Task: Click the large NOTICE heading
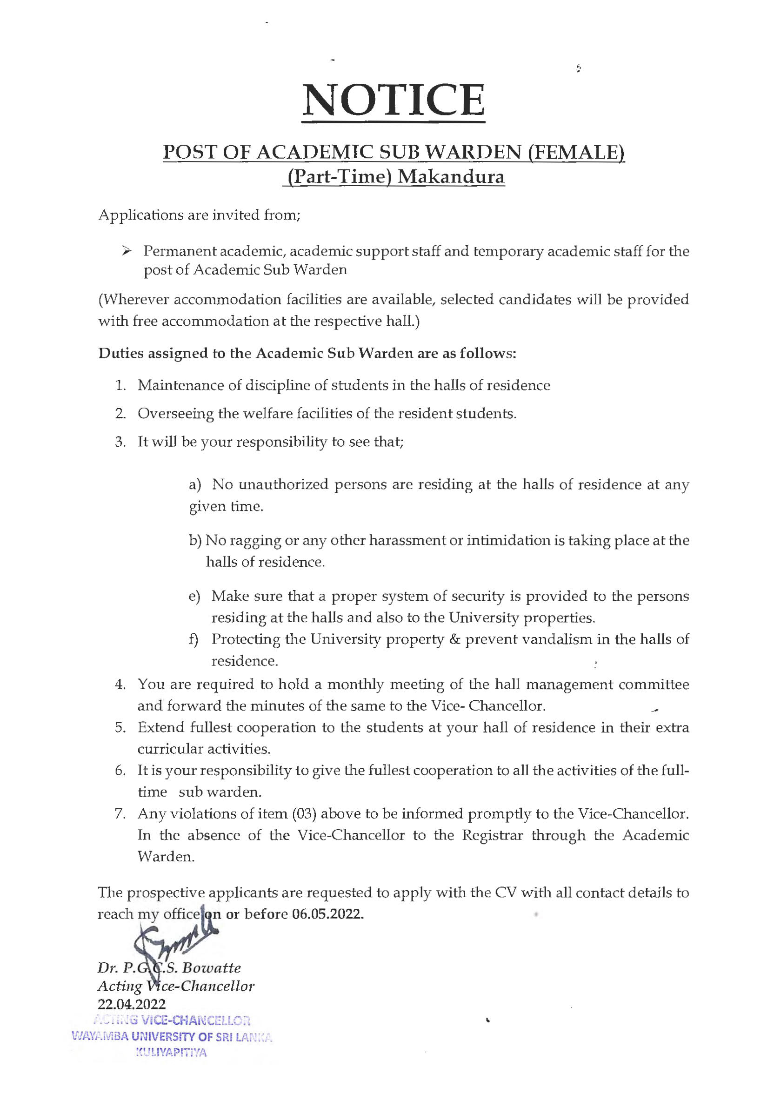(x=394, y=101)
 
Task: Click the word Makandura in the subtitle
(x=451, y=177)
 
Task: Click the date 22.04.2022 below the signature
(x=132, y=1004)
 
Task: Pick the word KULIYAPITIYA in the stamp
(x=171, y=1053)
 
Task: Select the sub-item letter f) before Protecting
(x=193, y=639)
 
